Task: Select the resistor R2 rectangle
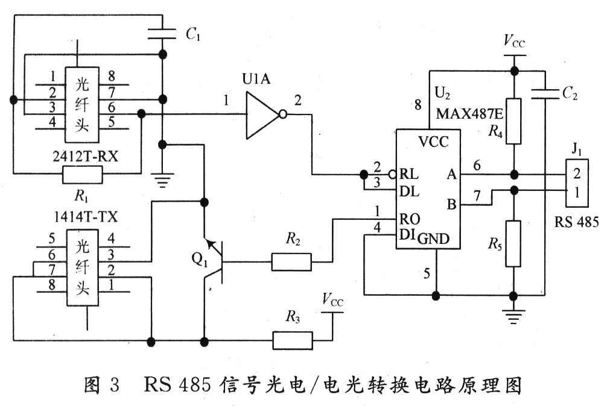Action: pos(291,262)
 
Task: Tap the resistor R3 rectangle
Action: pos(293,341)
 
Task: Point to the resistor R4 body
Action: pos(513,121)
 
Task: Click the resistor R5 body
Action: pos(513,244)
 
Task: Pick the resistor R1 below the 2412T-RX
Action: pos(82,176)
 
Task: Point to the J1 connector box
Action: pos(577,183)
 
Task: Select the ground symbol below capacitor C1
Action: pos(162,178)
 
